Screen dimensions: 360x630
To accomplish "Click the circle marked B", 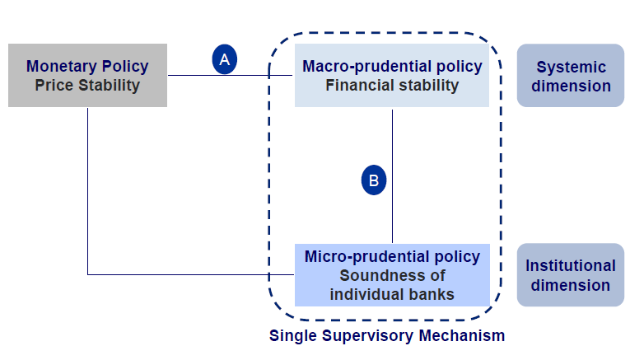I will click(x=373, y=180).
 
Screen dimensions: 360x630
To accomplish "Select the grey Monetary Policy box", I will click(x=87, y=75).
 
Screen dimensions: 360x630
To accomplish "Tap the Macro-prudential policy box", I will click(x=391, y=75).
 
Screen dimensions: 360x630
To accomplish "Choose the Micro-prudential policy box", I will click(x=391, y=275).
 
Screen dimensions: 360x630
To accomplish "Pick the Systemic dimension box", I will click(x=570, y=76).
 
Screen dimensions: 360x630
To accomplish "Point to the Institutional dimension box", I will click(x=570, y=275).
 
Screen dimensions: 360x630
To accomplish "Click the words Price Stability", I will click(x=87, y=85).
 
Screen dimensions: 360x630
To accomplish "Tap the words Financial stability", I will click(x=391, y=85).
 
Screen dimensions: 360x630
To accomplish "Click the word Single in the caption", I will click(x=291, y=336).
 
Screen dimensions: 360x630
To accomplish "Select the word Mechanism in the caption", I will click(x=465, y=336).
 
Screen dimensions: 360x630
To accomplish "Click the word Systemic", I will click(x=571, y=67).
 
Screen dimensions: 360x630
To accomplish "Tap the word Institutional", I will click(x=571, y=266).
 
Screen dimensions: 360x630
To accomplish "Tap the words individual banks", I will click(x=391, y=293).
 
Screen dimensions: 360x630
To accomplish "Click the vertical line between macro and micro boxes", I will click(x=392, y=214).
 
